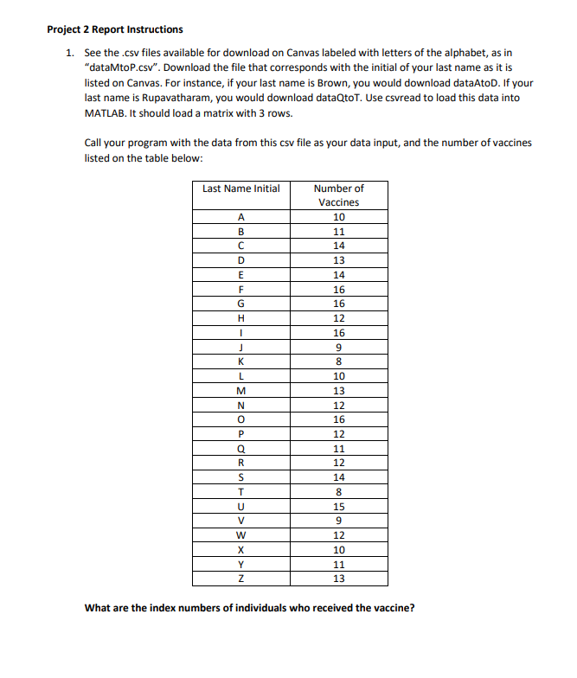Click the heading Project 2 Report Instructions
coord(114,29)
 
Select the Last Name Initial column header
coord(240,189)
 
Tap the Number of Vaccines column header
coord(338,195)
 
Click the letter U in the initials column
coord(241,506)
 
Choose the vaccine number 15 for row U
coord(338,506)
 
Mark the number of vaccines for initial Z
coord(338,579)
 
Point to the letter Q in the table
coord(241,450)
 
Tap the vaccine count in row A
coord(338,217)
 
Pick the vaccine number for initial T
coord(338,492)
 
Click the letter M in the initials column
coord(241,392)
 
